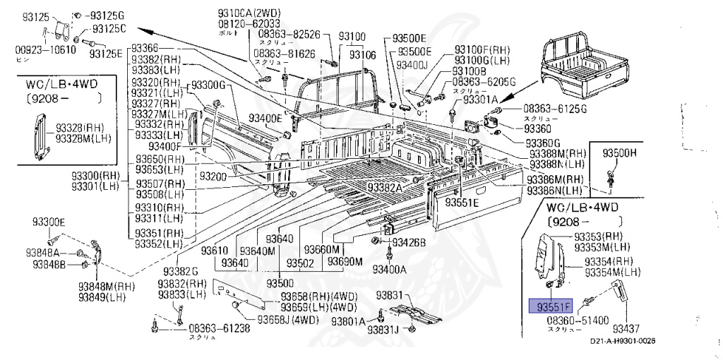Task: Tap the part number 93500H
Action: tap(619, 152)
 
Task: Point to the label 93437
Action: tap(626, 329)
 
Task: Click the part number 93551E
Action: tap(461, 203)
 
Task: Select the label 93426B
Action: tap(410, 243)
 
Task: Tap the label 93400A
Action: tap(389, 269)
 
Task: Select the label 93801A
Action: tap(347, 321)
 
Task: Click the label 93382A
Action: tap(384, 187)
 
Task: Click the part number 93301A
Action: tap(481, 100)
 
